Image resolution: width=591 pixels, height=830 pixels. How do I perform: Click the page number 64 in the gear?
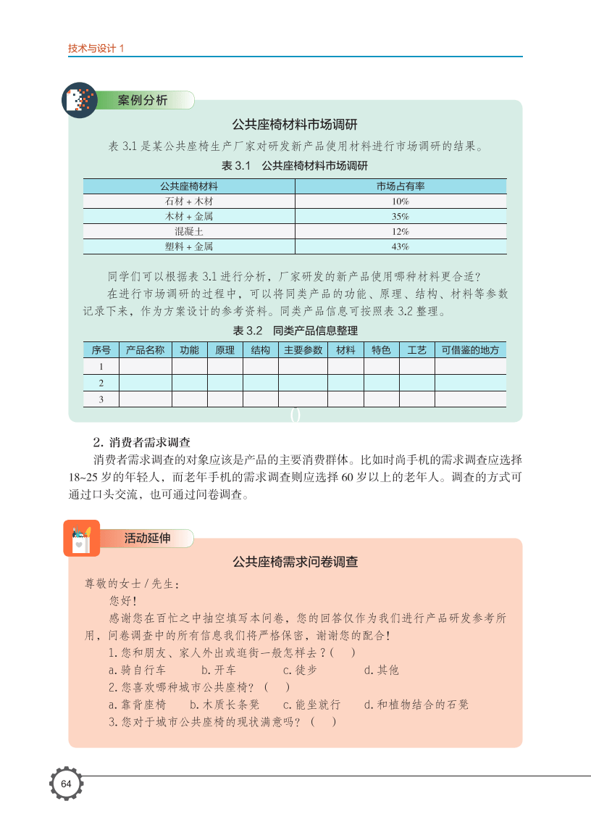[x=66, y=785]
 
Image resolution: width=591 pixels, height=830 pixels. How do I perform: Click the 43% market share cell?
[x=401, y=246]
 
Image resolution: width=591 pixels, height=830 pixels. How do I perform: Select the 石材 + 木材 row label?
[x=189, y=202]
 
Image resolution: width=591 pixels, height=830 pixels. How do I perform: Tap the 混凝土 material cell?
[x=189, y=231]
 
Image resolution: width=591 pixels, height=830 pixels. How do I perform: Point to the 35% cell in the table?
[x=401, y=216]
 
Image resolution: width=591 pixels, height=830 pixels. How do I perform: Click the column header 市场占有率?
[x=401, y=186]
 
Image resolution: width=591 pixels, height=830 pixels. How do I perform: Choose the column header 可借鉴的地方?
[x=470, y=350]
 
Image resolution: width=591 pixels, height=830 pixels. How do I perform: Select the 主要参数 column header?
[x=303, y=350]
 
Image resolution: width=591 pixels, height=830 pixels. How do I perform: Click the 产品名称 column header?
[x=145, y=350]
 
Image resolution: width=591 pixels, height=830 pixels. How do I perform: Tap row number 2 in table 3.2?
[x=101, y=383]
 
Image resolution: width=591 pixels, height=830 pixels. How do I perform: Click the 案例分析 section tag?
[x=143, y=100]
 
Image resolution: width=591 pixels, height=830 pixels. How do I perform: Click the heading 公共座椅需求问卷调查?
[x=295, y=562]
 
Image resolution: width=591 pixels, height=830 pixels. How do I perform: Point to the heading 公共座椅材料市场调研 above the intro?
[x=295, y=124]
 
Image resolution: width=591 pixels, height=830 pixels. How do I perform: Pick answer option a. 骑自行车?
[x=138, y=670]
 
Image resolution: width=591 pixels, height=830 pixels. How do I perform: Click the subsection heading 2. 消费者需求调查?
[x=141, y=442]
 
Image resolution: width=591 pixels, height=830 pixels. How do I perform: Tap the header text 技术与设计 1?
[x=96, y=49]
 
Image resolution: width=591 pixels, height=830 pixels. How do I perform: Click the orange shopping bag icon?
[x=80, y=538]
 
